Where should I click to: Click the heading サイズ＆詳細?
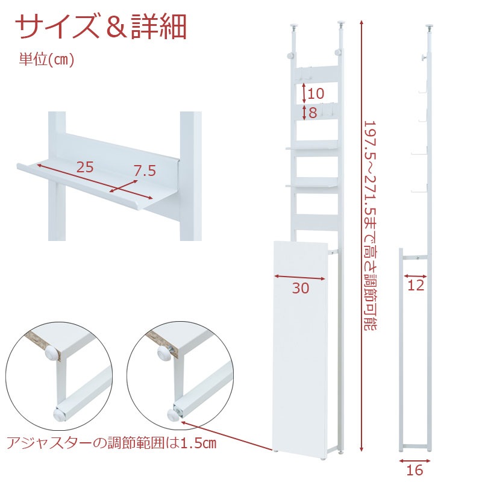[x=101, y=27]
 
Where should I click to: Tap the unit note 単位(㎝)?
[x=47, y=59]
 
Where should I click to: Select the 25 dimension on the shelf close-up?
[x=85, y=167]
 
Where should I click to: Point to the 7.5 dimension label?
[x=145, y=171]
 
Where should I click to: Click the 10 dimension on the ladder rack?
[x=316, y=93]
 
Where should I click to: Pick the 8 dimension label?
[x=313, y=113]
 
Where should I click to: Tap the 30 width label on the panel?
[x=300, y=288]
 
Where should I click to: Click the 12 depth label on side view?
[x=416, y=286]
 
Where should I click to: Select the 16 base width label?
[x=415, y=470]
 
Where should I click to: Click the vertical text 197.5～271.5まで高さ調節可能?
[x=371, y=225]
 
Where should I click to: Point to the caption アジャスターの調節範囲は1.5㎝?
[x=111, y=443]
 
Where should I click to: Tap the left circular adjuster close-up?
[x=59, y=376]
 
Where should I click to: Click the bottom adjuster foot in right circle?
[x=174, y=416]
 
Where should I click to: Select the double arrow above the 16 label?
[x=415, y=461]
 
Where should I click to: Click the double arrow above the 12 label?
[x=415, y=276]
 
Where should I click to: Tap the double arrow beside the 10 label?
[x=304, y=93]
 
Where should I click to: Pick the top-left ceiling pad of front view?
[x=295, y=27]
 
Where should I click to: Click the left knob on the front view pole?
[x=290, y=55]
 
